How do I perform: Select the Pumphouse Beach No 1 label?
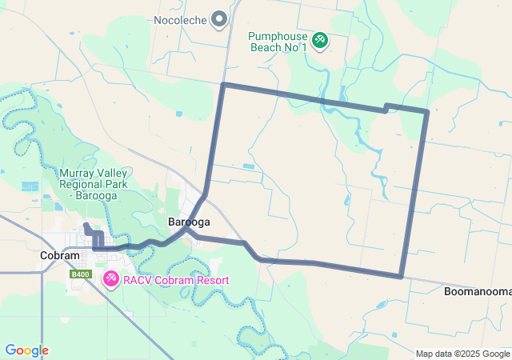[x=278, y=42]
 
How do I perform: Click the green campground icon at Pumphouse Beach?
[x=319, y=38]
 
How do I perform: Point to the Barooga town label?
[x=189, y=222]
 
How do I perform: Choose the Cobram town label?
[x=60, y=255]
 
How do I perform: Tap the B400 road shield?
[x=79, y=274]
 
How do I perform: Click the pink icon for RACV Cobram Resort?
[x=111, y=278]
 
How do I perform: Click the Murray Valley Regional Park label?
[x=94, y=183]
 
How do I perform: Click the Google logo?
[x=26, y=350]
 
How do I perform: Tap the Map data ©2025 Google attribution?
[x=462, y=354]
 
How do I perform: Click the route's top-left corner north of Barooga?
[x=223, y=84]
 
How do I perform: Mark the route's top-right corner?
[x=427, y=110]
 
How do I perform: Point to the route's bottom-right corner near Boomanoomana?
[x=401, y=277]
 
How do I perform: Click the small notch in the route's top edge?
[x=386, y=106]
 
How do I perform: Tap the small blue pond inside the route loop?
[x=247, y=166]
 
